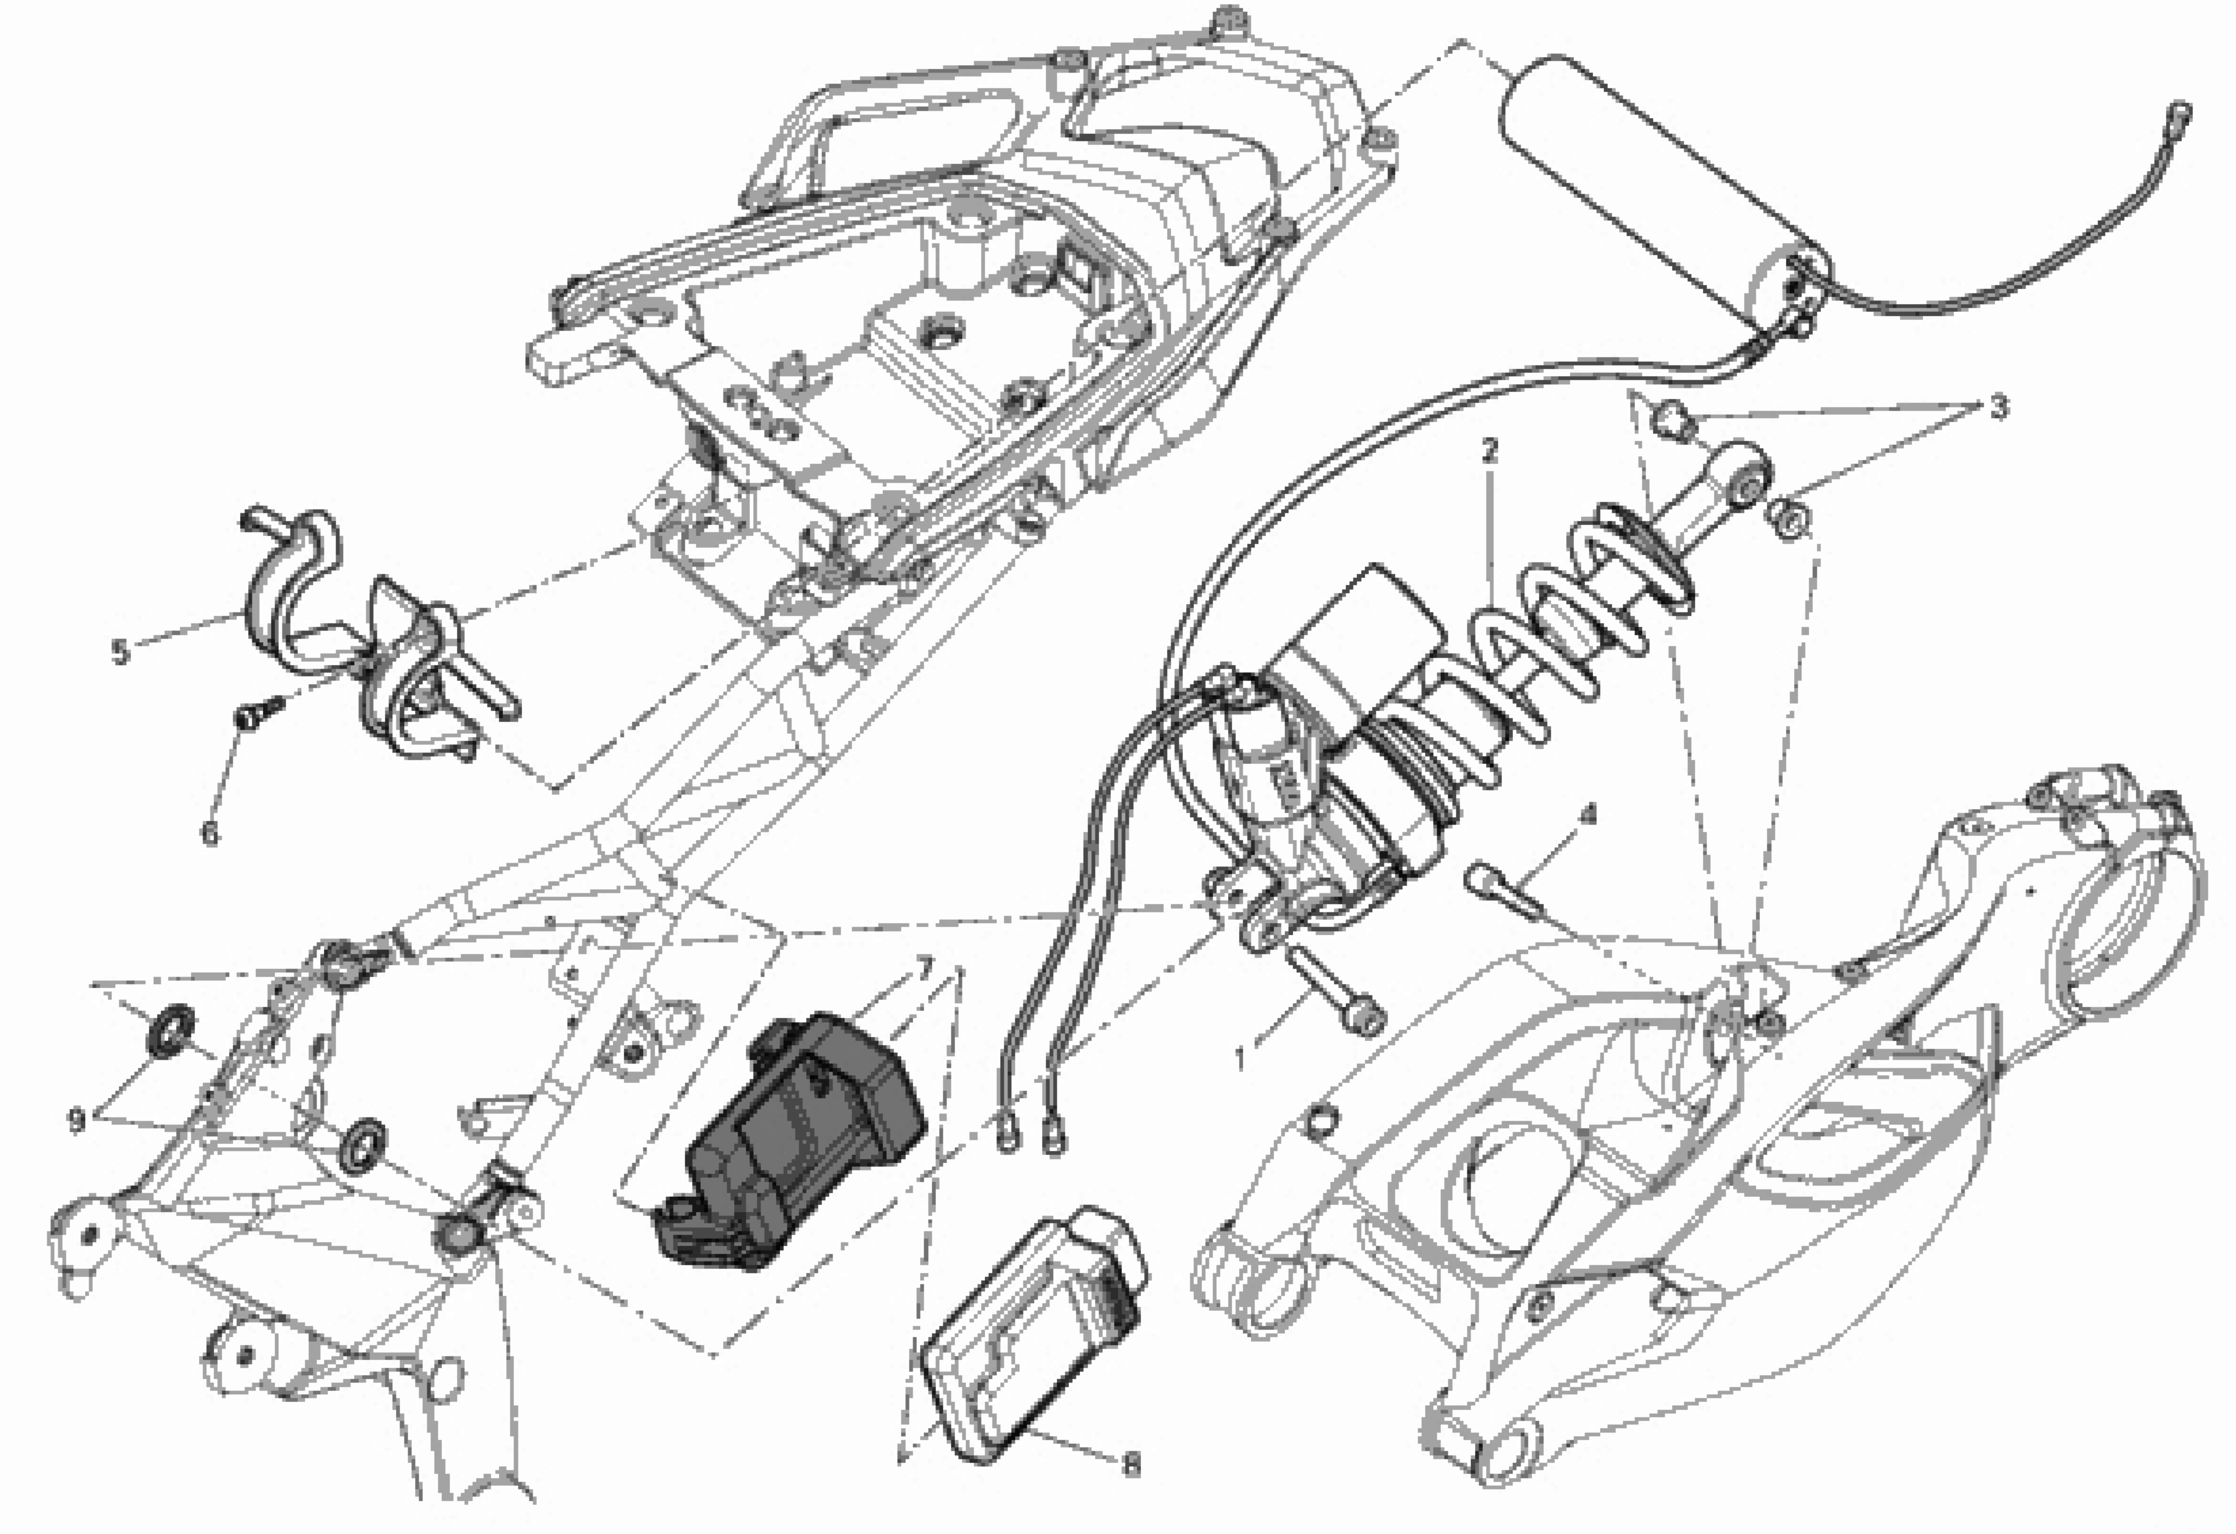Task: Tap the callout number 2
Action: pos(1490,450)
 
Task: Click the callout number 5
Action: pos(119,652)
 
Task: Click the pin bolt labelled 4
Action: pos(1501,890)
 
